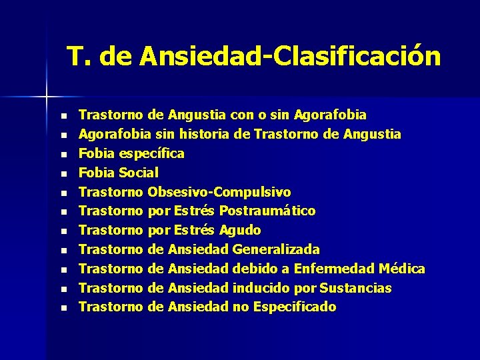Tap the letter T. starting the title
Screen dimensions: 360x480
79,57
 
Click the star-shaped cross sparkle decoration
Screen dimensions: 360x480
47,97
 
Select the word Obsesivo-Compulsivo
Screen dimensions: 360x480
219,192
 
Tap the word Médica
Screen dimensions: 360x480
401,269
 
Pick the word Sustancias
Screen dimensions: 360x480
355,288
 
